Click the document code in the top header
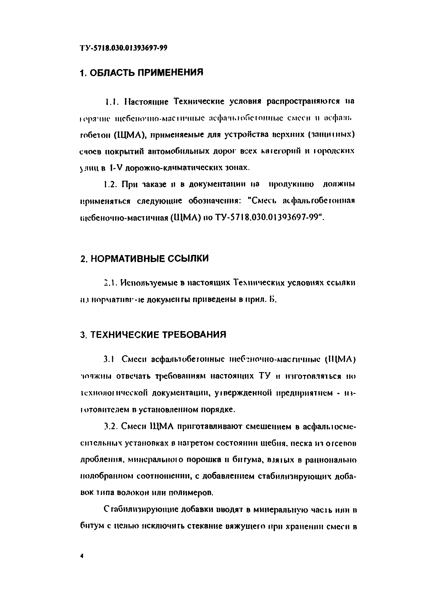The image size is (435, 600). (123, 48)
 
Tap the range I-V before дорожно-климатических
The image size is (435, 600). (116, 168)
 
